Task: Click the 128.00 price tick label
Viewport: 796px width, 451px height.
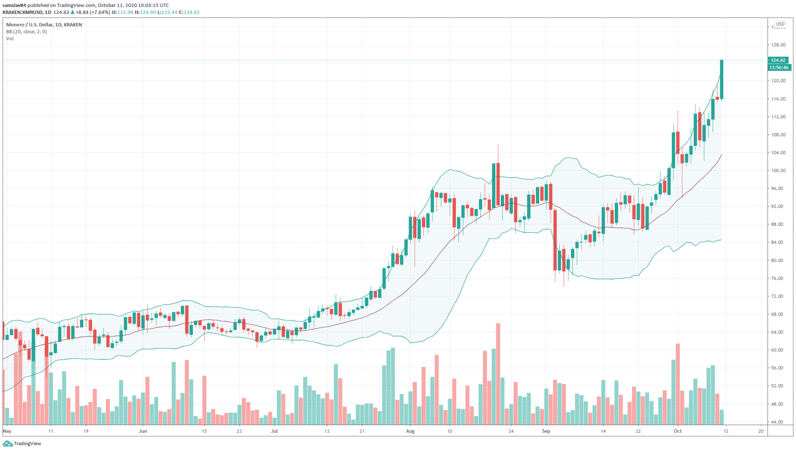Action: tap(778, 45)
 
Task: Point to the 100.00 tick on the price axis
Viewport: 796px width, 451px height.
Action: tap(778, 171)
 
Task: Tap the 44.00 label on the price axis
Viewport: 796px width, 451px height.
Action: tap(777, 422)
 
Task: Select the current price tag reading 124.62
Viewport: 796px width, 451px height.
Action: tap(778, 60)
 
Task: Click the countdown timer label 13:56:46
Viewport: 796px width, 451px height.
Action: tap(779, 68)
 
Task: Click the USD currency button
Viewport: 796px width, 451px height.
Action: tap(780, 24)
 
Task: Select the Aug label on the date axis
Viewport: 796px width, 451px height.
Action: tap(410, 431)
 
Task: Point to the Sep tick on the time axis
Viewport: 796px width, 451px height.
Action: tap(546, 431)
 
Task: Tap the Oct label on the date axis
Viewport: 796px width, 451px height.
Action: tap(677, 431)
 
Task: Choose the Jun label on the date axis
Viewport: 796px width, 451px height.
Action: tap(143, 431)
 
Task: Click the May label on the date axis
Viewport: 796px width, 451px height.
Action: tap(7, 431)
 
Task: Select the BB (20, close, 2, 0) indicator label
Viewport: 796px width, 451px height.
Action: tap(26, 31)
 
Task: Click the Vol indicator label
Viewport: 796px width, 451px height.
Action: tap(10, 38)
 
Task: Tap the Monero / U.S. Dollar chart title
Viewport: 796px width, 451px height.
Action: tap(44, 24)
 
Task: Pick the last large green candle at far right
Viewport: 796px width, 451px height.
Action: tap(721, 80)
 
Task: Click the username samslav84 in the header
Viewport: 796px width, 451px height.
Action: tap(14, 5)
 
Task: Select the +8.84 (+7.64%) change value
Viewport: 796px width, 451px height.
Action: tap(93, 12)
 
